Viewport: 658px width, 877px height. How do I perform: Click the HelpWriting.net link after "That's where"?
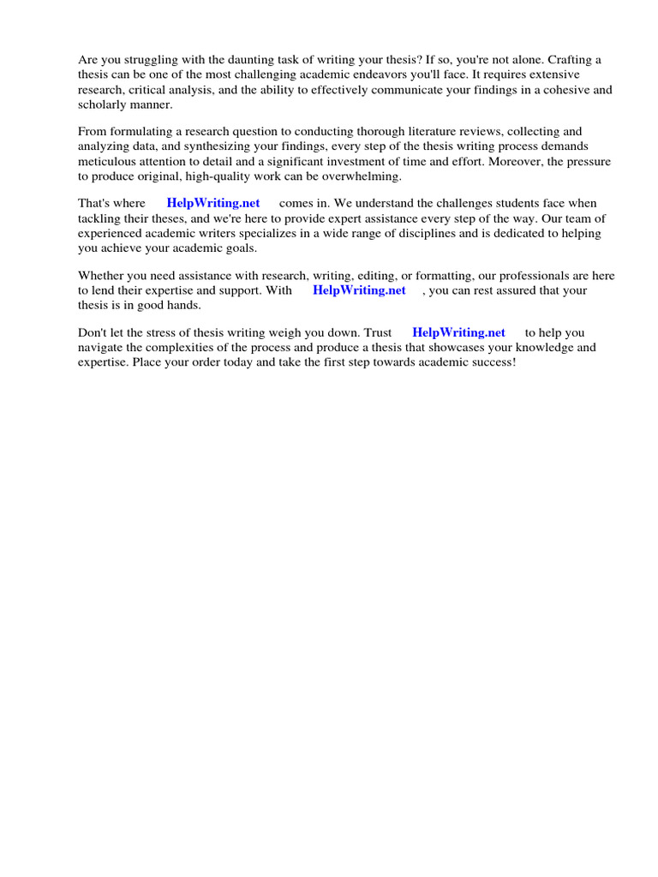(x=213, y=204)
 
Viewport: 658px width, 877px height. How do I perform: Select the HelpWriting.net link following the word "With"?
(x=359, y=290)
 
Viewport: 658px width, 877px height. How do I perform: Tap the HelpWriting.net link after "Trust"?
(x=458, y=332)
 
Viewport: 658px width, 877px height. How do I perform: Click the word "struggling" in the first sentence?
(x=149, y=60)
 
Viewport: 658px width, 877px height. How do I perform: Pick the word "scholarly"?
(x=103, y=104)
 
